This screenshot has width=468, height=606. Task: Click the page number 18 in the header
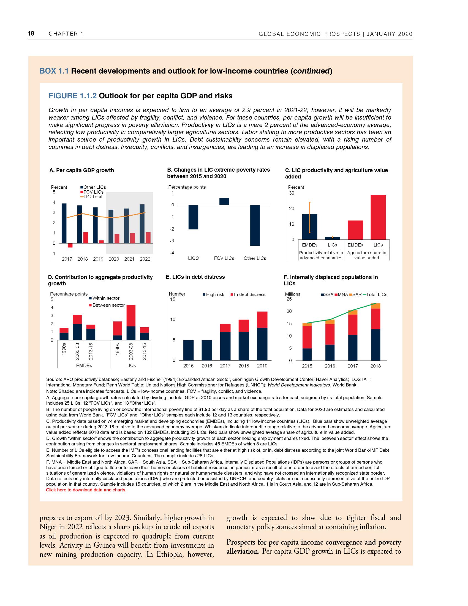coord(31,34)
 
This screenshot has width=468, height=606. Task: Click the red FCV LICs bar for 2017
coord(70,245)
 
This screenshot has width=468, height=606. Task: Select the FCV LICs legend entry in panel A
coord(92,192)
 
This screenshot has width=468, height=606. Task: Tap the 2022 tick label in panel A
coord(145,259)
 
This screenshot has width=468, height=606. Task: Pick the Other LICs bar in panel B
coord(255,225)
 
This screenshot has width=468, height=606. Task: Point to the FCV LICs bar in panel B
coord(224,201)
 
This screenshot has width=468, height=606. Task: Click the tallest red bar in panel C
coord(378,217)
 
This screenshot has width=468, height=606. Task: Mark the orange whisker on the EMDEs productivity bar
coord(310,218)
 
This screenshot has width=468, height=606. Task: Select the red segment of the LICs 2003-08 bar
coord(131,316)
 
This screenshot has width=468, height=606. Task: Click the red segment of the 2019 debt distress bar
coord(262,320)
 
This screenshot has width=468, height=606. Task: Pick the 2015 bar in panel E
coord(189,350)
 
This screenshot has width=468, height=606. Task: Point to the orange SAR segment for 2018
coord(376,306)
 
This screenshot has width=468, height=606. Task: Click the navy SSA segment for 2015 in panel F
coord(307,354)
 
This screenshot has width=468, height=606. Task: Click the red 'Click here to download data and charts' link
coord(86,490)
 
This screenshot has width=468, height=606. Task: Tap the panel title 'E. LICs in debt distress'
coord(195,277)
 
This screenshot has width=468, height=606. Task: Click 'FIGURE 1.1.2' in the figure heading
coord(73,96)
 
